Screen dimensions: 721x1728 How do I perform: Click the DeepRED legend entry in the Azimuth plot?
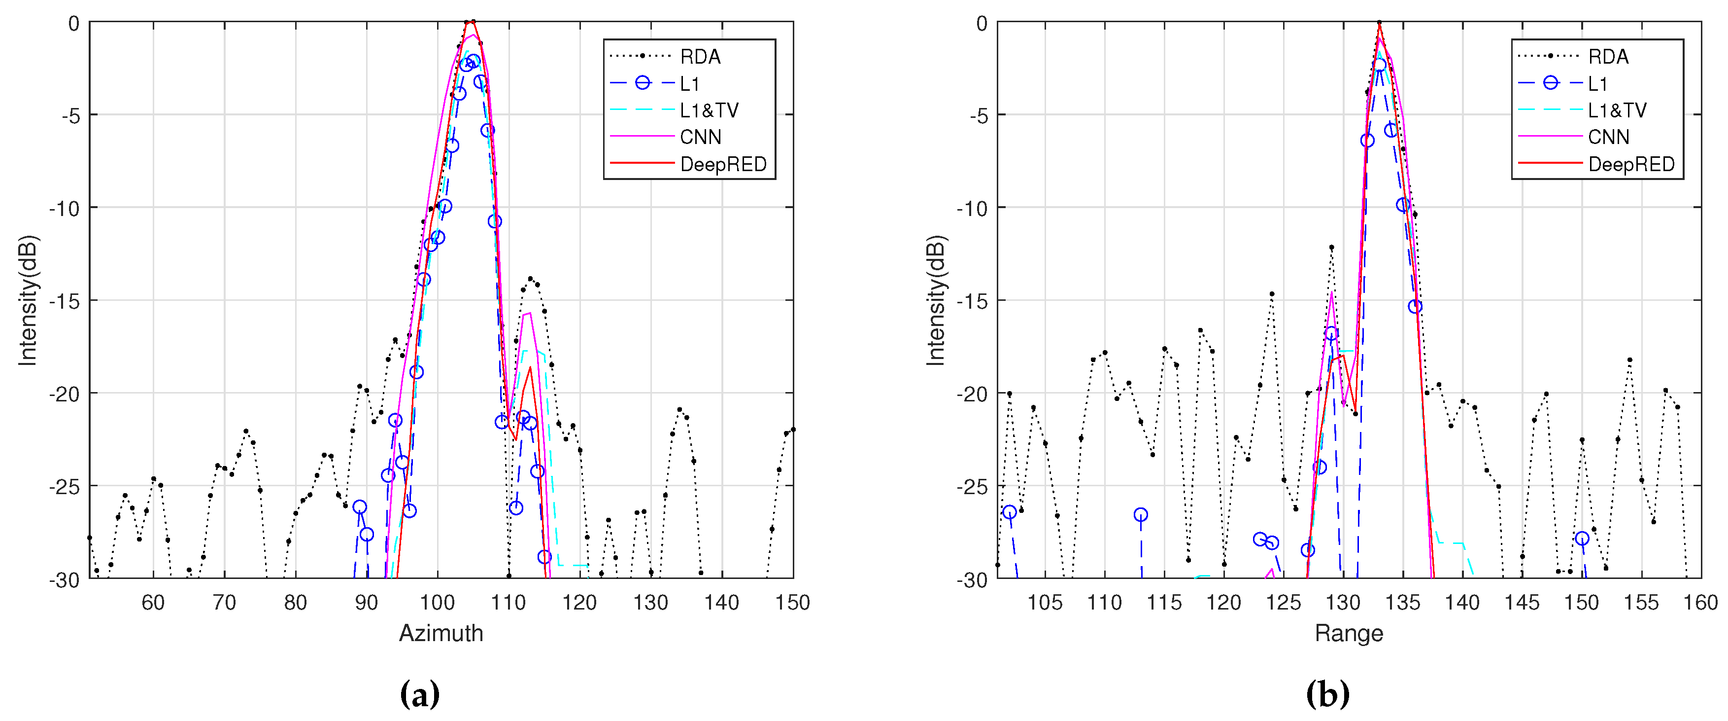pyautogui.click(x=722, y=164)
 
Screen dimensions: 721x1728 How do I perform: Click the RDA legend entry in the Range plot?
pyautogui.click(x=1608, y=56)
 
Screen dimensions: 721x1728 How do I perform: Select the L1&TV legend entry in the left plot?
pyautogui.click(x=709, y=110)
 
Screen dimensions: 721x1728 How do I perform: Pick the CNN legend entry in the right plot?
pyautogui.click(x=1608, y=137)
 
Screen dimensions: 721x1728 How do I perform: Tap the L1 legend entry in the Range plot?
pyautogui.click(x=1597, y=83)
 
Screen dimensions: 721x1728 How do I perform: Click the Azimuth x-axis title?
pyautogui.click(x=440, y=633)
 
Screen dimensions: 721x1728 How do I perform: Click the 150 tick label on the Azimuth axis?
pyautogui.click(x=792, y=602)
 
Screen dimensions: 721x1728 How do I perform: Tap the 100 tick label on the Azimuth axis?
pyautogui.click(x=438, y=602)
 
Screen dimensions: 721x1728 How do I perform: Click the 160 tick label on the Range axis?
pyautogui.click(x=1700, y=602)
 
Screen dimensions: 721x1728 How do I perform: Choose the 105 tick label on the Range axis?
pyautogui.click(x=1045, y=602)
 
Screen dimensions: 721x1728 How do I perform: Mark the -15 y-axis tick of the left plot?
pyautogui.click(x=65, y=301)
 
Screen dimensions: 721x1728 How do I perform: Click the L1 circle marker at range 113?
pyautogui.click(x=1140, y=515)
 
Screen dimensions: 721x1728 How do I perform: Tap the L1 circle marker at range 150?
pyautogui.click(x=1582, y=539)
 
